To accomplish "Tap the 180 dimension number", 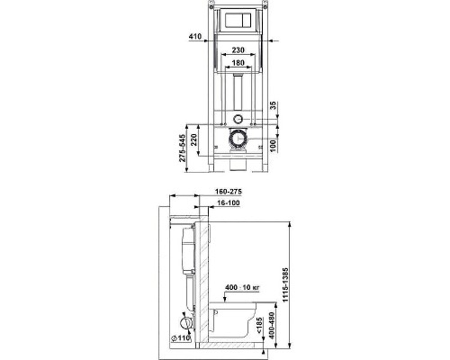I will (236, 66).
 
